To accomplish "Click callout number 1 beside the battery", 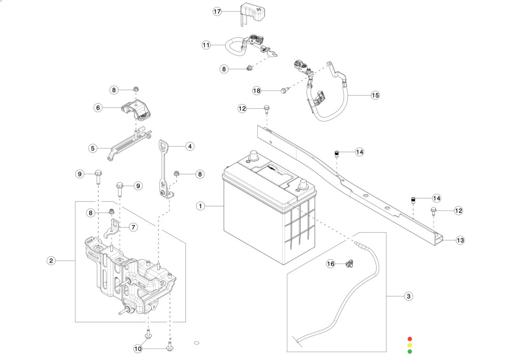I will (201, 206).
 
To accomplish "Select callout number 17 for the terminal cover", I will (217, 11).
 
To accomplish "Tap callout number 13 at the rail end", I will (460, 240).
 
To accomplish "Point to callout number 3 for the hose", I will (409, 296).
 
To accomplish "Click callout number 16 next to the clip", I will (331, 264).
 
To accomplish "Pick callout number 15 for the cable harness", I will (375, 95).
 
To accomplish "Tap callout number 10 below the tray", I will (138, 349).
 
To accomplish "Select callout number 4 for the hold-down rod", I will (189, 147).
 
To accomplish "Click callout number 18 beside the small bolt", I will (256, 90).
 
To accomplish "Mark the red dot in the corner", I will (410, 338).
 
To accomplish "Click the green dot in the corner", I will (410, 351).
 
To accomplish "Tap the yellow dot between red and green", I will (410, 345).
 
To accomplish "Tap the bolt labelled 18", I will (284, 90).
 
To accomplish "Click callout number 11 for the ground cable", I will (206, 45).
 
